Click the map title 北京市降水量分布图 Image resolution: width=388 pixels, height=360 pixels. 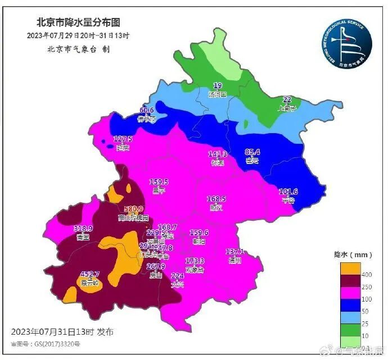pos(78,22)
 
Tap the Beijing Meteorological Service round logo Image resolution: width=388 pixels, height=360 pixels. pos(346,42)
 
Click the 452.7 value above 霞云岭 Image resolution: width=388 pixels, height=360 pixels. pos(89,274)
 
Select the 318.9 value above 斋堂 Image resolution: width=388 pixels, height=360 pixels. pos(83,229)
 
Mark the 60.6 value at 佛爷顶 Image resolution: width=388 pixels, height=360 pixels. pos(146,110)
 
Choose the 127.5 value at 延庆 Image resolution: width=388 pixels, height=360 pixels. pos(123,139)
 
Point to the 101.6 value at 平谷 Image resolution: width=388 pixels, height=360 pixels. pos(288,192)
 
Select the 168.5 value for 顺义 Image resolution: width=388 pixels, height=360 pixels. pos(216,199)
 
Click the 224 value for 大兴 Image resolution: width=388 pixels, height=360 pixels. pos(177,276)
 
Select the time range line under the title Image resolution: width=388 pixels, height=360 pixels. pos(78,35)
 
